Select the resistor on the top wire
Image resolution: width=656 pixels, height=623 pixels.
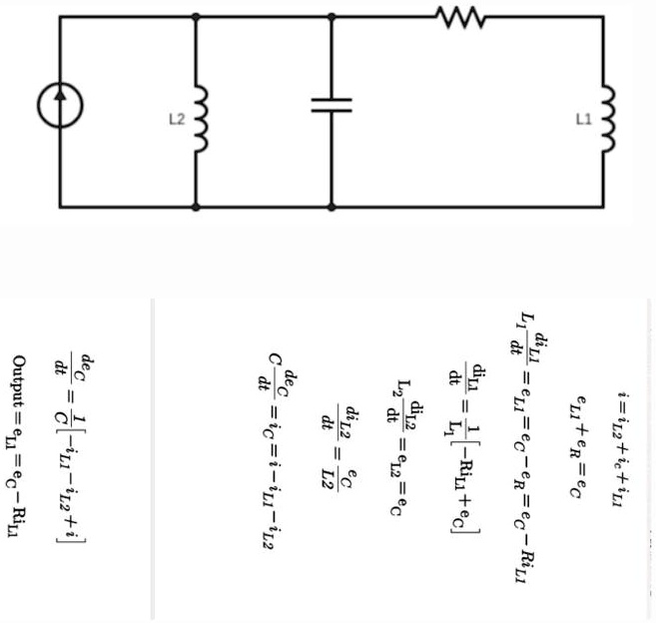459,16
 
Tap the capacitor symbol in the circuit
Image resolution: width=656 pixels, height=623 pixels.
330,106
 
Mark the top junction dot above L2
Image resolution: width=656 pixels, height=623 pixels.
196,16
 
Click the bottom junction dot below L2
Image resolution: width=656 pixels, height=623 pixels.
196,207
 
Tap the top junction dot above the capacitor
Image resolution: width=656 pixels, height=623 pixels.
330,16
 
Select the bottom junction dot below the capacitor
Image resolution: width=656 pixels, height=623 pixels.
330,207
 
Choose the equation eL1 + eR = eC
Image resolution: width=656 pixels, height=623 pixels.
576,448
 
